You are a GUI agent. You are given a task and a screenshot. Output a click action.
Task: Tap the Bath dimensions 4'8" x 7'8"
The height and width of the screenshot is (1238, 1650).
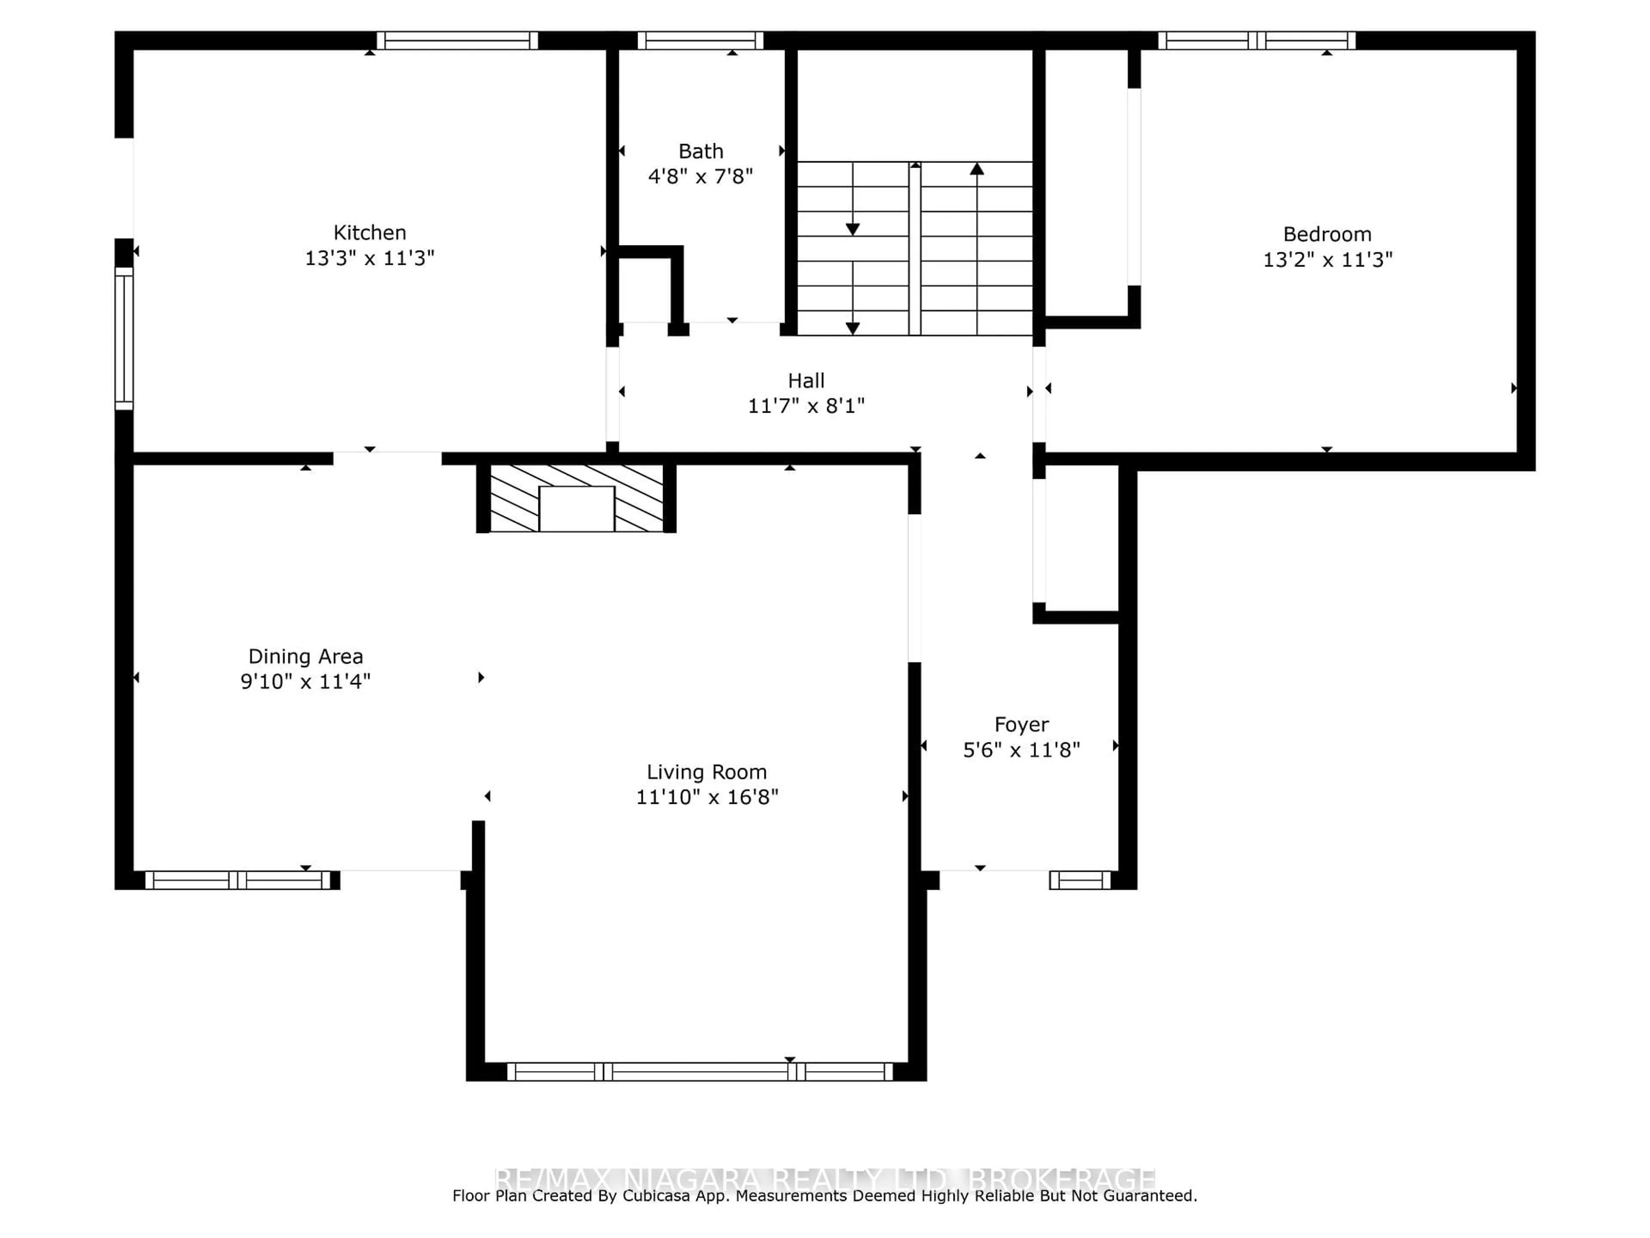700,177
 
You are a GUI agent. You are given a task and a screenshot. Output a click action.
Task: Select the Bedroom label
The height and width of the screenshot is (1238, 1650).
1327,234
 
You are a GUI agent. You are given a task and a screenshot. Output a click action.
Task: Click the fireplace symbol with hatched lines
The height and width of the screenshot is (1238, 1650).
576,498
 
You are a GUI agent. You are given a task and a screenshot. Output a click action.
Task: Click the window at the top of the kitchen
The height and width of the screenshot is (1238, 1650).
456,40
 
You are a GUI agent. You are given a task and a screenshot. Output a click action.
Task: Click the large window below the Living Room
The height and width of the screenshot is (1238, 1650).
699,1072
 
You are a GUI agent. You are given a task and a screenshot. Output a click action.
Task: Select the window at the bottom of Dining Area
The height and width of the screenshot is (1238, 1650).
237,880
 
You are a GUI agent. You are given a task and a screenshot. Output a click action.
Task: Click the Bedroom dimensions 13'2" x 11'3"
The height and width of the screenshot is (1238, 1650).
1327,260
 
